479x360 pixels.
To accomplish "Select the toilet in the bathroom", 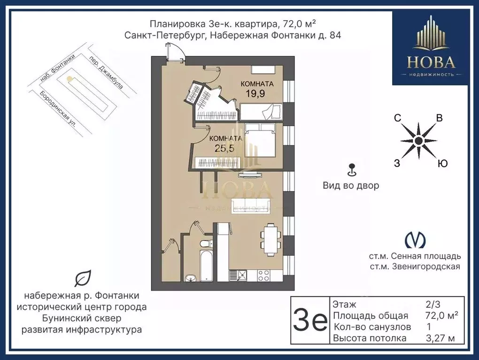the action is coord(206,244).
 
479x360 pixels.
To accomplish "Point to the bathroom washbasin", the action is coord(191,277).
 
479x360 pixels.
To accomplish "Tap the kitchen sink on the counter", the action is coord(238,275).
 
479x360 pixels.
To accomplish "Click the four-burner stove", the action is coord(263,275).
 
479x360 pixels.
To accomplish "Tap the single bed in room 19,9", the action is coord(261,112).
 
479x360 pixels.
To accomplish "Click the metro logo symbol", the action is coord(415,240).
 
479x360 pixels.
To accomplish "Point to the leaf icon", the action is coord(83,278).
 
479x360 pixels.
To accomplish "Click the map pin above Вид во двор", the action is coord(352,170).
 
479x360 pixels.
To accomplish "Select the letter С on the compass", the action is coord(397,118).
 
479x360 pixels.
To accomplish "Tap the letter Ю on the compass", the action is coord(442,163).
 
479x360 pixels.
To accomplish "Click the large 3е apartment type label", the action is coord(310,320).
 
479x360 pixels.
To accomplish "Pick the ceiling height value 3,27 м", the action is coord(440,338).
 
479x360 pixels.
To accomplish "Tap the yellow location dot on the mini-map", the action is coord(70,79).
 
